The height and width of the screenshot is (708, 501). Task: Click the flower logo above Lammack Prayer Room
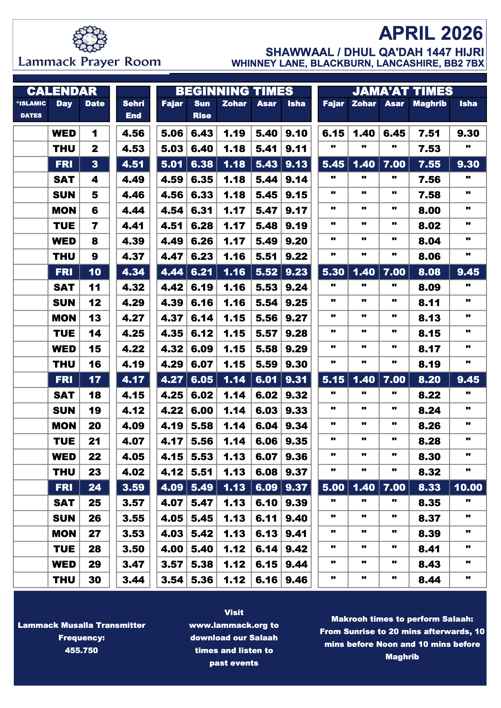(x=90, y=39)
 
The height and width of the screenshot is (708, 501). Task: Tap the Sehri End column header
(x=133, y=109)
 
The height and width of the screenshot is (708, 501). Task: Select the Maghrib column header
(x=429, y=104)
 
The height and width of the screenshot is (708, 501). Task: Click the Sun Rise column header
(x=202, y=109)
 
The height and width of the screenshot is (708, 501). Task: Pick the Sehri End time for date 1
(x=133, y=133)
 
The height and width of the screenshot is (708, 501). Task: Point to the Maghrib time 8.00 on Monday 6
(x=429, y=210)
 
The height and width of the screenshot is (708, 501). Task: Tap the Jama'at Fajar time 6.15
(x=333, y=133)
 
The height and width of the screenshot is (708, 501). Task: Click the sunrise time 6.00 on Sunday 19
(x=202, y=410)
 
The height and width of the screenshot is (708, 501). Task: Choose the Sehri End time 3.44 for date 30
(x=133, y=580)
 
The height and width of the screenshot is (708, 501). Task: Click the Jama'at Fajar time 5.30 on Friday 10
(x=333, y=272)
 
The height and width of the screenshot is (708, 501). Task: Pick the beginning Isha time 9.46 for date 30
(x=296, y=580)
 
